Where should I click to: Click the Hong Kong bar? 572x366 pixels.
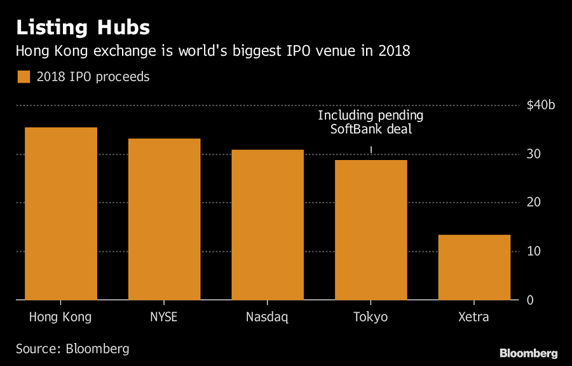tap(61, 213)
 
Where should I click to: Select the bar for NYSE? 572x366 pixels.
tap(164, 219)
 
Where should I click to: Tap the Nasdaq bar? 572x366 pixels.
tap(268, 225)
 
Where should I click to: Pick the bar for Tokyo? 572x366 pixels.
tap(371, 230)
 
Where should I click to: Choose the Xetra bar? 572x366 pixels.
tap(474, 268)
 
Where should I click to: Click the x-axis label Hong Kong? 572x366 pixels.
tap(60, 317)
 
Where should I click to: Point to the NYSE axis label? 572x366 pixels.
tap(164, 317)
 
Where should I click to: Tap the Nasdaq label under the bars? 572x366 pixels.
tap(267, 317)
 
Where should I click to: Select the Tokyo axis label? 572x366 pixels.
tap(371, 317)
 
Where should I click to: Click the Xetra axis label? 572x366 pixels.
tap(474, 317)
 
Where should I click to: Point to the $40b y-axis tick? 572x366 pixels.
tap(540, 105)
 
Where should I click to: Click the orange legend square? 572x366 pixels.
tap(24, 77)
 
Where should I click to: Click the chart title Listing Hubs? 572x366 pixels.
tap(83, 27)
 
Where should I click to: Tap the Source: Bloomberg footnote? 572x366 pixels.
tap(72, 348)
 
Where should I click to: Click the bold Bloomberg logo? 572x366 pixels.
tap(528, 353)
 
